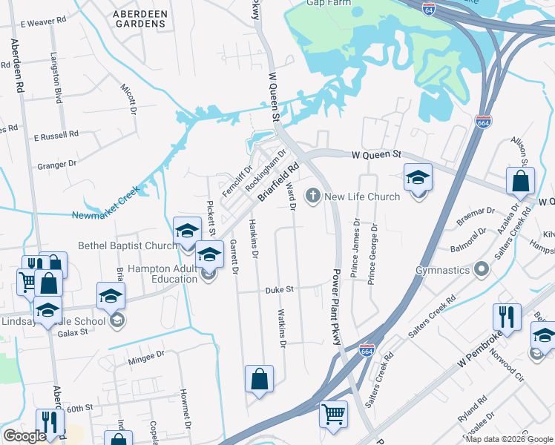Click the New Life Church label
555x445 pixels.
coord(362,197)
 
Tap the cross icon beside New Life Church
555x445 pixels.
coord(313,196)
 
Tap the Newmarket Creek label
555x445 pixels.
coord(106,216)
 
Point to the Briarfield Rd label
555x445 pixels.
coord(278,182)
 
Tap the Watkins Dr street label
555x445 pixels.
coord(282,329)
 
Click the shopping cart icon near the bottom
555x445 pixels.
coord(333,413)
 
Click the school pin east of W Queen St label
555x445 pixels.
coord(418,177)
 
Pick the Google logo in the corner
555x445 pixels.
coord(24,435)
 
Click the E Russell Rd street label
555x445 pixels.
coord(56,136)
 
